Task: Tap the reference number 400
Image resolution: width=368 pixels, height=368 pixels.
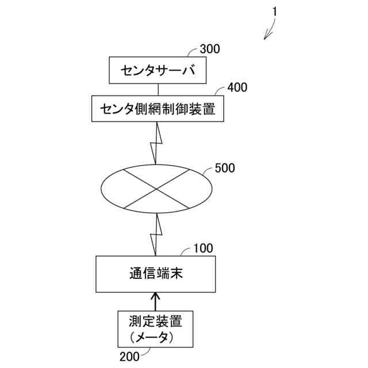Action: (237, 87)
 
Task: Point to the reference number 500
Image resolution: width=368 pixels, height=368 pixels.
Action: (224, 168)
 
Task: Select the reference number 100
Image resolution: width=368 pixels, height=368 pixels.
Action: (203, 248)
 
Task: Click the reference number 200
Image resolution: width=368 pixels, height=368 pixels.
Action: (129, 356)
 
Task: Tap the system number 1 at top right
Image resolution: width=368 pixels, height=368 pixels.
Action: (275, 11)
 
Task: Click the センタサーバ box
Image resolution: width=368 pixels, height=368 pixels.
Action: (157, 71)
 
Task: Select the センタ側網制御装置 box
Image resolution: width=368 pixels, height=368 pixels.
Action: (157, 108)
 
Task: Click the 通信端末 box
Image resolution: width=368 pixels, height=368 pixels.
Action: (156, 274)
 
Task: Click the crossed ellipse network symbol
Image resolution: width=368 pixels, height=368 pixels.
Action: (156, 187)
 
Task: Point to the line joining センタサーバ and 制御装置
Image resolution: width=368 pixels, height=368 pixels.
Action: (157, 89)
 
